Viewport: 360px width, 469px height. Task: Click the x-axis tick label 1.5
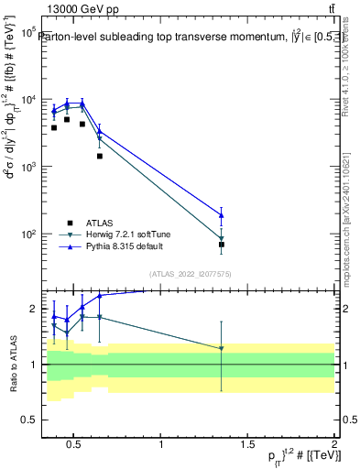click(247, 446)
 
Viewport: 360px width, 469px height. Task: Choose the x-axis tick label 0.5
click(76, 446)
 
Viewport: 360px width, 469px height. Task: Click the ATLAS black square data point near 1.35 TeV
click(222, 245)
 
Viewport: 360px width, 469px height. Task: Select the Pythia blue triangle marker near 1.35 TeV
click(222, 215)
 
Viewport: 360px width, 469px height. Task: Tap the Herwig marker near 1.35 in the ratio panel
click(222, 348)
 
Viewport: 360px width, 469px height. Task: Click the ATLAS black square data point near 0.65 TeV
click(99, 156)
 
